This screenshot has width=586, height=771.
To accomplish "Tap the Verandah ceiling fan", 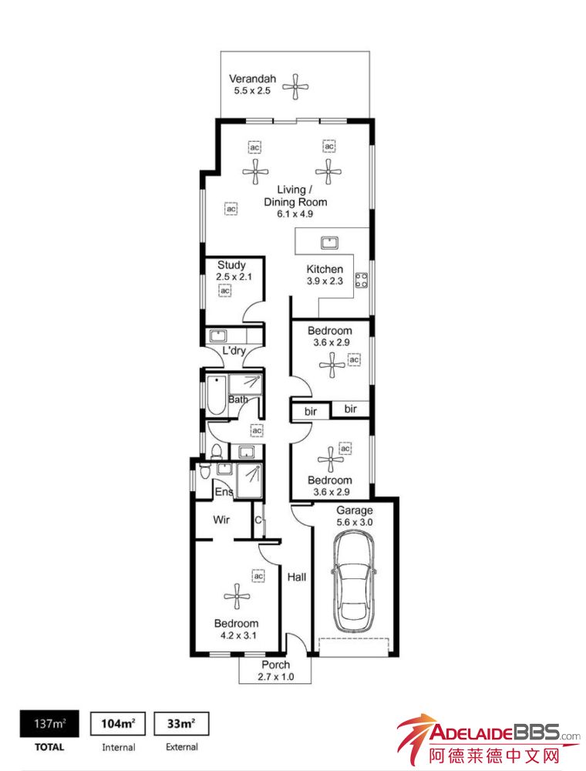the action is [295, 87].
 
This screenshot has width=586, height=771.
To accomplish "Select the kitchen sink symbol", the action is [329, 242].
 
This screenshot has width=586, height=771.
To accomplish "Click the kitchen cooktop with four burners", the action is [362, 280].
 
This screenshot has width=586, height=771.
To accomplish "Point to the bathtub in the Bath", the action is [217, 396].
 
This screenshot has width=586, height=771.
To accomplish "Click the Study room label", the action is [231, 265].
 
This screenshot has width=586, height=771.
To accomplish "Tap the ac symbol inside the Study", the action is [224, 291].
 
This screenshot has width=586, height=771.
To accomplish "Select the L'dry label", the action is [234, 351].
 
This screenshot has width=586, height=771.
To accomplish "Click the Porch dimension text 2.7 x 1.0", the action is [276, 677].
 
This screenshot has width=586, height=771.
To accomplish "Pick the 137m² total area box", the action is [49, 724].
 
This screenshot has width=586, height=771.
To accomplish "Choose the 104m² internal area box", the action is [118, 724].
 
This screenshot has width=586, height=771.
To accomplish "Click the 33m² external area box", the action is [181, 724].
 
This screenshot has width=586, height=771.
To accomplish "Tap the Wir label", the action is [221, 519].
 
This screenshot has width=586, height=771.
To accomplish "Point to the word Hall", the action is [296, 577].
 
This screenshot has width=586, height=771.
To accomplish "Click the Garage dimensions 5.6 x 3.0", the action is [355, 522].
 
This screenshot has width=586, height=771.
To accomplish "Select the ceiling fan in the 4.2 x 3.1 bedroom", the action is [237, 597].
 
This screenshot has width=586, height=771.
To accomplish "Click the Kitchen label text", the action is [325, 269].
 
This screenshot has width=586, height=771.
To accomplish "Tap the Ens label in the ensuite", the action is [224, 491].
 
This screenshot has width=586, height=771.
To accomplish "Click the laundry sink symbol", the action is [217, 336].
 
